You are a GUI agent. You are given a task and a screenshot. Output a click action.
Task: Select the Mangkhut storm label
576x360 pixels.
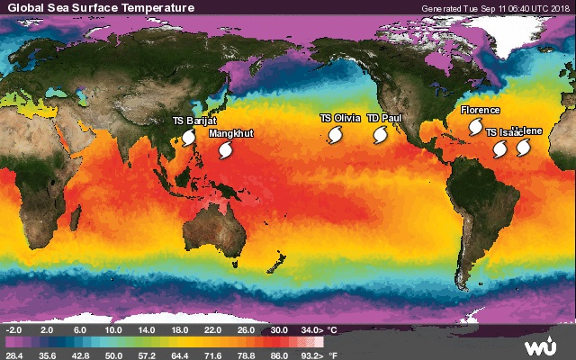pos(230,133)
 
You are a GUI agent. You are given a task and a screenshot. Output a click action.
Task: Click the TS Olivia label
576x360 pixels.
pos(340,118)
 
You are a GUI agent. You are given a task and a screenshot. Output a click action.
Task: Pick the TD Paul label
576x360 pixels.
pos(384,118)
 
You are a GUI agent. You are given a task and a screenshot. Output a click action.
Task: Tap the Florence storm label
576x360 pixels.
pos(480,110)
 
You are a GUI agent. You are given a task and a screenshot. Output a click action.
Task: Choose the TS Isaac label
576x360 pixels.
pos(502,132)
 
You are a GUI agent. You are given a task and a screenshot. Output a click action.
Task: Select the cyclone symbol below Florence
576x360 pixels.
pos(464,129)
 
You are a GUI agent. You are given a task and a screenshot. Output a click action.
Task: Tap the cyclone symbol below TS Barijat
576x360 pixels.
pos(189,137)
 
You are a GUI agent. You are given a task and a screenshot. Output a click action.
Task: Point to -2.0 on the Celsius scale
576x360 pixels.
pos(14,330)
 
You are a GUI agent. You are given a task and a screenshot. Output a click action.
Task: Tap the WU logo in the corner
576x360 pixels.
pos(542,346)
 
